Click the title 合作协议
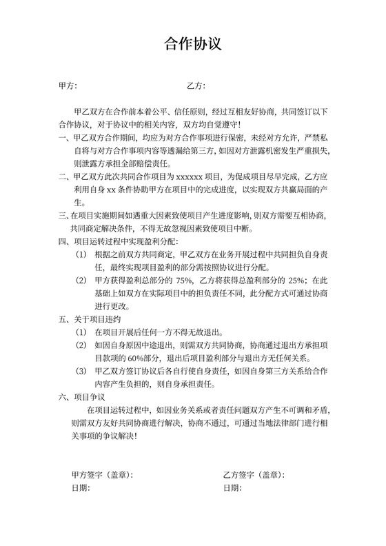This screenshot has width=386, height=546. click(x=192, y=45)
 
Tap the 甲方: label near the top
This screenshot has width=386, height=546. click(x=68, y=86)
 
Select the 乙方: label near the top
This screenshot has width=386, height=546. click(x=196, y=86)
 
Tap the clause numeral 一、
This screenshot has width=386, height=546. click(x=65, y=137)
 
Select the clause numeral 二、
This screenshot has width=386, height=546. click(x=65, y=176)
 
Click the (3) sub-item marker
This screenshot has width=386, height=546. click(x=82, y=371)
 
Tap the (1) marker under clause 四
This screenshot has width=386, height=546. click(x=82, y=254)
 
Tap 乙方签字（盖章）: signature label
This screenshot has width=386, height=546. click(x=254, y=475)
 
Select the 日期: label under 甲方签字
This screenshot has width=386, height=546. click(x=81, y=488)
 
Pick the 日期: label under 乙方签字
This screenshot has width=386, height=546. click(x=232, y=488)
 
